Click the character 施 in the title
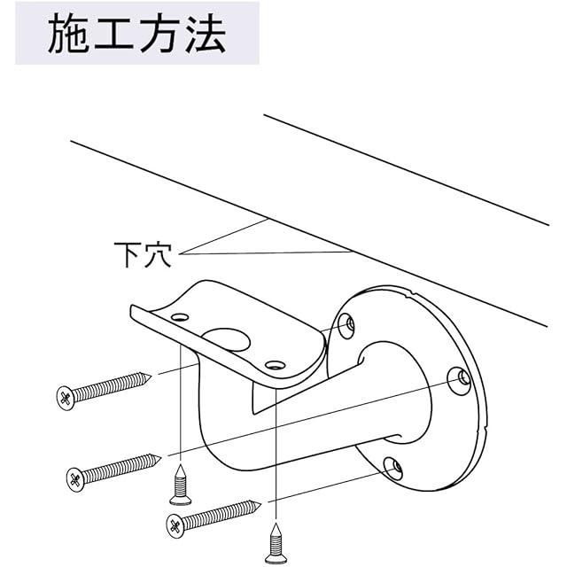[69, 34]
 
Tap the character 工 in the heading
[115, 34]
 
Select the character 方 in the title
[159, 34]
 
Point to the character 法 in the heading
[206, 34]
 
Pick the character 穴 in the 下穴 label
[158, 254]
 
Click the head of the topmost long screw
[66, 398]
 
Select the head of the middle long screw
[75, 480]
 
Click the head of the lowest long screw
[175, 525]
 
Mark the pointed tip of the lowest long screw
[260, 505]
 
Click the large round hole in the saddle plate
[227, 339]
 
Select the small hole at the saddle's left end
[180, 317]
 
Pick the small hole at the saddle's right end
[274, 365]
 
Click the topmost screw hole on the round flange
[346, 326]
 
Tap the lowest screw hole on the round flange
[393, 469]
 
